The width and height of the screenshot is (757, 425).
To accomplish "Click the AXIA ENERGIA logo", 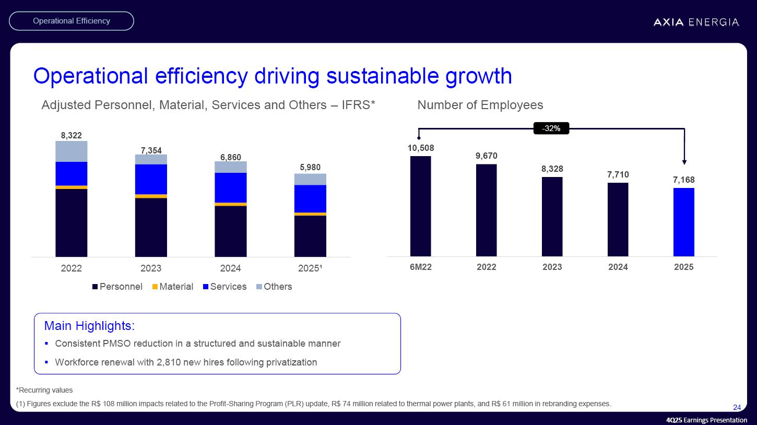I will coord(696,22).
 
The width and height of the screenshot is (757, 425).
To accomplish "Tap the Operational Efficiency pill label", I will coord(72,21).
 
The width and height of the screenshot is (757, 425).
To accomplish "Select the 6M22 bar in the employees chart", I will coord(420,206).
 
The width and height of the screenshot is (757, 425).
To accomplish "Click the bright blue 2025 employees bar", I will coord(683,222).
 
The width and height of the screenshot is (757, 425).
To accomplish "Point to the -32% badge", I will coord(551,128).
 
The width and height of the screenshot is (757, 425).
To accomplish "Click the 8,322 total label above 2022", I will coord(71,135).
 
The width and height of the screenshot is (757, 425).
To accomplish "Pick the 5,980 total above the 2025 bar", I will coord(310,168).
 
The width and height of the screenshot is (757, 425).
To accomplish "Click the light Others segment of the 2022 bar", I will coord(71,151).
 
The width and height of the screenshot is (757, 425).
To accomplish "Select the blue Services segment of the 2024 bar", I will coord(230,187).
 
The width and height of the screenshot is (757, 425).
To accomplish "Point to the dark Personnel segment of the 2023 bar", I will coord(151,227).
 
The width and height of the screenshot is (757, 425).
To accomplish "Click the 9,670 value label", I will coord(486,156).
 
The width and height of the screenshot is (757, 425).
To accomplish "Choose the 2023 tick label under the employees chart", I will coord(552,267).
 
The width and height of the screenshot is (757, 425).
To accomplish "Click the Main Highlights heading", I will coord(90,326).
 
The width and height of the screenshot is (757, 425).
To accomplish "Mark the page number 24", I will coord(737,407).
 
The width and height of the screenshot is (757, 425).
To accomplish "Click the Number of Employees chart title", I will coord(480,105).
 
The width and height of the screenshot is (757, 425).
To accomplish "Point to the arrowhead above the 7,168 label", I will coord(684,162).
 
